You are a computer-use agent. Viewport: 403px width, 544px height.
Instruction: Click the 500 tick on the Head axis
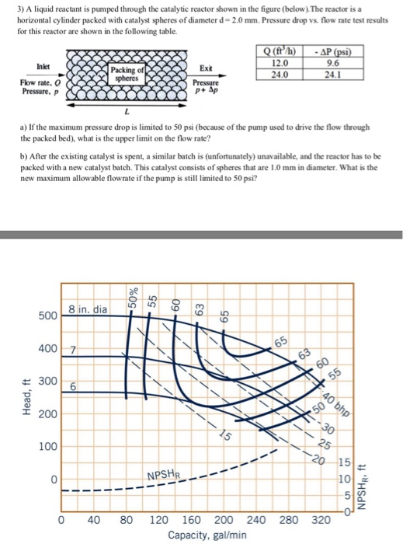(47, 316)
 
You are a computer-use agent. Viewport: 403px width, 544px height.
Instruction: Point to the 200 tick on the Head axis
(47, 414)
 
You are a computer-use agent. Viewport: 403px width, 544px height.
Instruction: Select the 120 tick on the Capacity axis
(158, 518)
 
